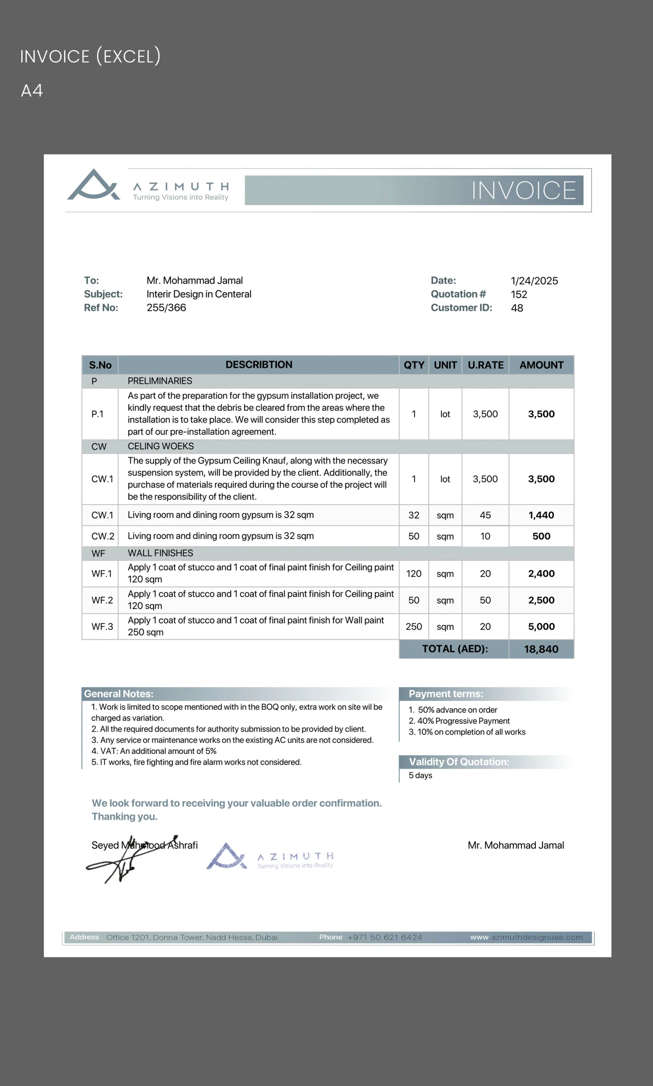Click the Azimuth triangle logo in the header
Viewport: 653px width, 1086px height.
click(93, 185)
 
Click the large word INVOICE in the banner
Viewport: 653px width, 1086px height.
click(524, 190)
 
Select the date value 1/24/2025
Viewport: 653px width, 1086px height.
click(534, 281)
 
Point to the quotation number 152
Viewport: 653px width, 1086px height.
click(519, 294)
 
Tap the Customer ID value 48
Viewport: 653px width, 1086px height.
click(516, 308)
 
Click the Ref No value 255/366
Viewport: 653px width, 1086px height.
click(166, 308)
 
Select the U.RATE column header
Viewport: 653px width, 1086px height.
click(486, 365)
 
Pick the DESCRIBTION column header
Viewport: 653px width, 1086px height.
click(259, 364)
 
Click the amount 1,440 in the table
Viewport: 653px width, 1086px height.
click(541, 515)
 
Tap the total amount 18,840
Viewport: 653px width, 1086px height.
click(541, 649)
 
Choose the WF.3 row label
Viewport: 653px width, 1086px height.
click(102, 627)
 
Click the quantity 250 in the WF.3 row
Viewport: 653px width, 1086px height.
click(413, 627)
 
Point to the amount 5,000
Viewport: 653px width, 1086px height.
click(541, 627)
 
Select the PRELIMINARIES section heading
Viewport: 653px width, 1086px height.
click(160, 381)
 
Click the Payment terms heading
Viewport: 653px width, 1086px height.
click(445, 694)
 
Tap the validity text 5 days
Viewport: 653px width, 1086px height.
click(420, 775)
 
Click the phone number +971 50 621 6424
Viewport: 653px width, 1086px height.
click(385, 937)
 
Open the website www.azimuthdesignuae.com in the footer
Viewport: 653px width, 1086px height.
click(526, 937)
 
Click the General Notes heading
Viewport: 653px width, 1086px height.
click(119, 694)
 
